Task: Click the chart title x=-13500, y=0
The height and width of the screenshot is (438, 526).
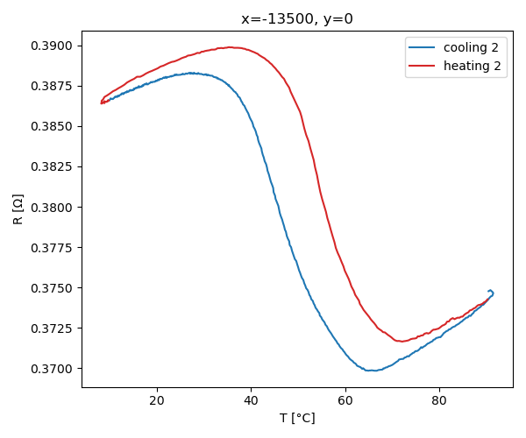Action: tap(296, 19)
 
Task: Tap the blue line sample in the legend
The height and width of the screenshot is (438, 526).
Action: tap(423, 47)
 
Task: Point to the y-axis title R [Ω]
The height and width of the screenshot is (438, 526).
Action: tap(18, 208)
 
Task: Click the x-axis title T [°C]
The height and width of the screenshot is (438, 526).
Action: tap(297, 418)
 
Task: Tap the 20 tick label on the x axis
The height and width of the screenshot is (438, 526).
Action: tap(157, 401)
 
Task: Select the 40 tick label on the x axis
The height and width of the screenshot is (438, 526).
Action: tap(251, 401)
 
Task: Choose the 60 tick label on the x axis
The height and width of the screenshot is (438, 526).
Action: tap(345, 401)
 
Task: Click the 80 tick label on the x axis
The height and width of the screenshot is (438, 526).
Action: tap(439, 401)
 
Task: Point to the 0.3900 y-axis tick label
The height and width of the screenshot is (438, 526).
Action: tap(53, 46)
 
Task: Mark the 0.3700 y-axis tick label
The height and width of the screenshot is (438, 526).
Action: tap(53, 368)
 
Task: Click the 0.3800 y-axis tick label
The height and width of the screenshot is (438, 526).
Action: tap(53, 207)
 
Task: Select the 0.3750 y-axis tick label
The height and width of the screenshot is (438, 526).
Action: tap(53, 287)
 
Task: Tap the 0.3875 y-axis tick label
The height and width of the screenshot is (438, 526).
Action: tap(53, 86)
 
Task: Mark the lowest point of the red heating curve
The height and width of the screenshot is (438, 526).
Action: tap(401, 341)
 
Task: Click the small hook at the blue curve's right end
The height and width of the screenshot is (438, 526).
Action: tap(491, 292)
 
